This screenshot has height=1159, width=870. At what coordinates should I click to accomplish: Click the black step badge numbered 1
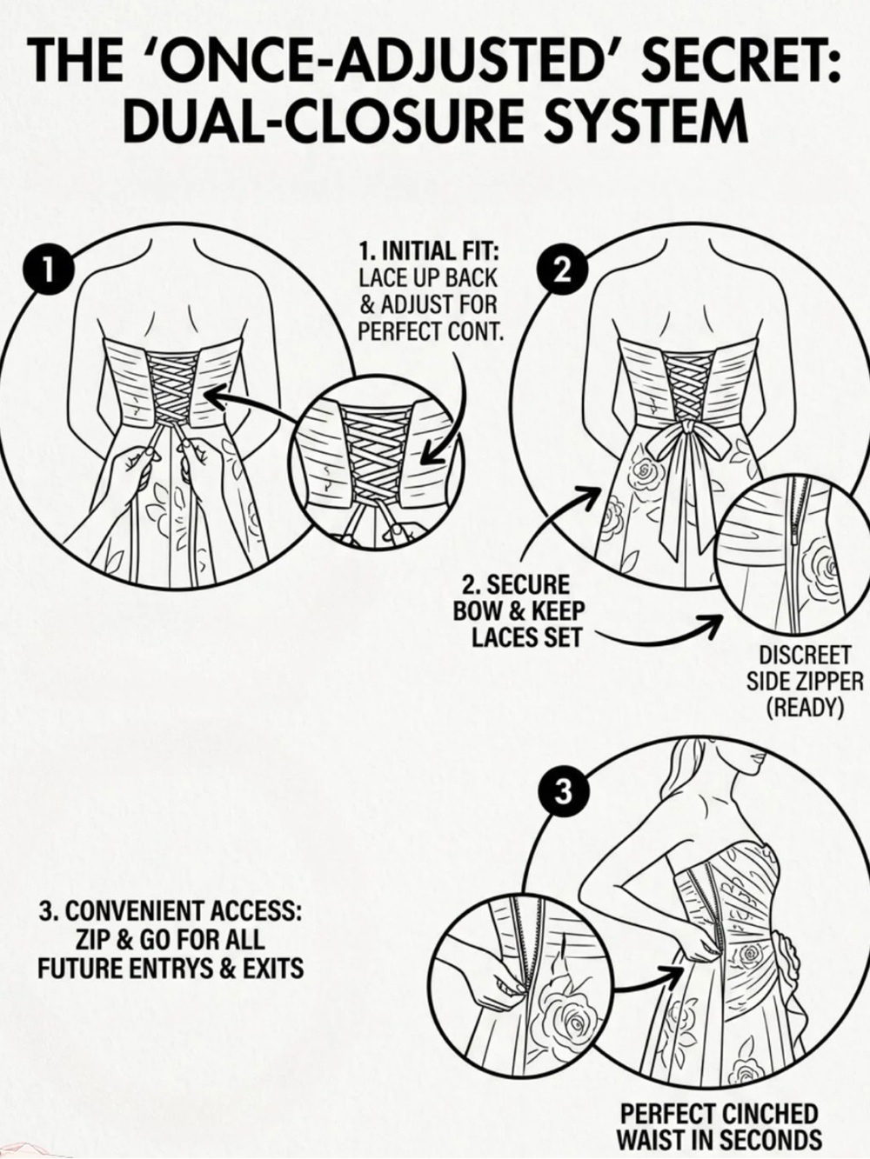47,270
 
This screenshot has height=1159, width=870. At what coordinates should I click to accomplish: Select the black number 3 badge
563,791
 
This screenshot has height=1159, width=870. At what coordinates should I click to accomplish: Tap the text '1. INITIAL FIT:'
428,250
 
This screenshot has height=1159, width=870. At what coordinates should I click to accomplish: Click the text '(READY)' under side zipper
804,708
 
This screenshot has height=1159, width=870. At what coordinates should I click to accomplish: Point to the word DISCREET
804,656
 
